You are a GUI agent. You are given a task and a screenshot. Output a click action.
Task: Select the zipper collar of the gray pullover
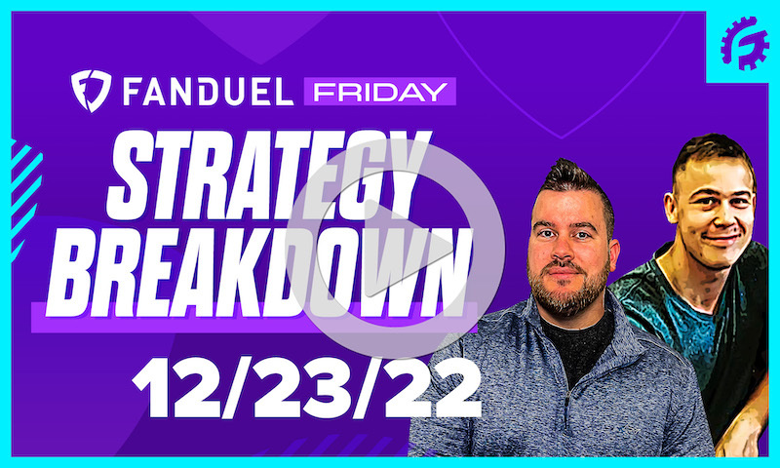(575, 331)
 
